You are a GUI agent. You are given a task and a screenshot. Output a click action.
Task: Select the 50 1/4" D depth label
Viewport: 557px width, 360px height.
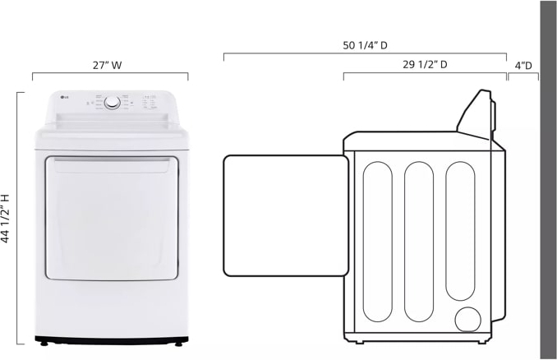click(x=366, y=45)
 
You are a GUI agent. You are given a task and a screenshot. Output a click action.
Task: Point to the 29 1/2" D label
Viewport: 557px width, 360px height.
click(x=425, y=64)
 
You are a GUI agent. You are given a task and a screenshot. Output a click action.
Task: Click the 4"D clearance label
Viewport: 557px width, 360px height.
click(x=523, y=64)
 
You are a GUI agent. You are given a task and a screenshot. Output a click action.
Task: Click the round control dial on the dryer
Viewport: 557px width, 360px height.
click(x=112, y=103)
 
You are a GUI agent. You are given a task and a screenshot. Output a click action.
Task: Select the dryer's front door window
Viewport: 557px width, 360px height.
click(x=111, y=217)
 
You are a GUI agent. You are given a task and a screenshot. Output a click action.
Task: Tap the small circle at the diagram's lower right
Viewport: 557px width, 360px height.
click(x=469, y=319)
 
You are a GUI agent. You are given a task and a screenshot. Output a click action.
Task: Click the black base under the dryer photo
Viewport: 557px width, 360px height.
click(x=111, y=339)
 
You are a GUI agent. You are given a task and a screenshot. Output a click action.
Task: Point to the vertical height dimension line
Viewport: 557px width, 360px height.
click(x=18, y=218)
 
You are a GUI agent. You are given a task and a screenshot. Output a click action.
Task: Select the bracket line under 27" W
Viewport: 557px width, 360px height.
click(x=110, y=74)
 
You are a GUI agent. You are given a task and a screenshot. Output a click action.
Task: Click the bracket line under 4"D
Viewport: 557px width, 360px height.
click(x=523, y=74)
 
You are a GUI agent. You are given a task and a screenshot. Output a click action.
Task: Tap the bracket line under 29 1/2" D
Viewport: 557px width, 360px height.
click(x=425, y=73)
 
